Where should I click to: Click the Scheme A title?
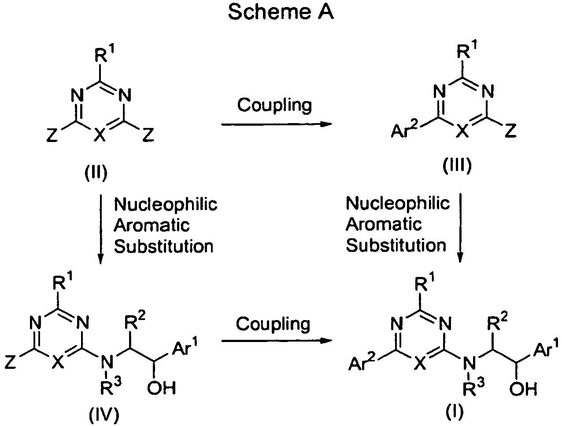[281, 11]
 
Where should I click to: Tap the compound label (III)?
[457, 165]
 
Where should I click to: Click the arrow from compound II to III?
[277, 124]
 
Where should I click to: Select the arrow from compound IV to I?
[277, 341]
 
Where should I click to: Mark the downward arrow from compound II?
[100, 229]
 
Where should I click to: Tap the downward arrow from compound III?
[460, 228]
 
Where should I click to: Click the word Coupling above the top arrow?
[274, 105]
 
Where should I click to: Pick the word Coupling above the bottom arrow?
[273, 324]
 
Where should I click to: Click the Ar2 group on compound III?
[404, 130]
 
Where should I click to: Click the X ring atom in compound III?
[462, 131]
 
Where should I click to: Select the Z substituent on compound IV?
[10, 362]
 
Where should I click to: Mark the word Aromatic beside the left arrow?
[152, 225]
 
